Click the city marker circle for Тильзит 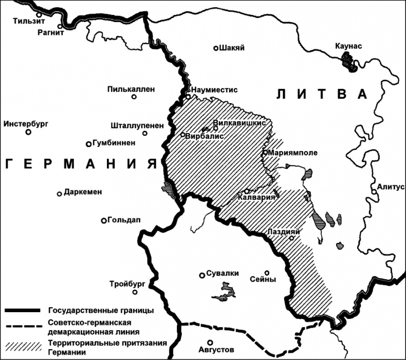(39, 15)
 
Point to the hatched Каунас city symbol (349, 62)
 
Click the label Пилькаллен (131, 88)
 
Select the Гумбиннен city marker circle (89, 144)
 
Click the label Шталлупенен (137, 125)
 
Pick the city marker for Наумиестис (189, 96)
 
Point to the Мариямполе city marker (264, 152)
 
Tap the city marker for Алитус (374, 192)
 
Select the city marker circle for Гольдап (104, 221)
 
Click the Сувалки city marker (202, 275)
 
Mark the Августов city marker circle (209, 343)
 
